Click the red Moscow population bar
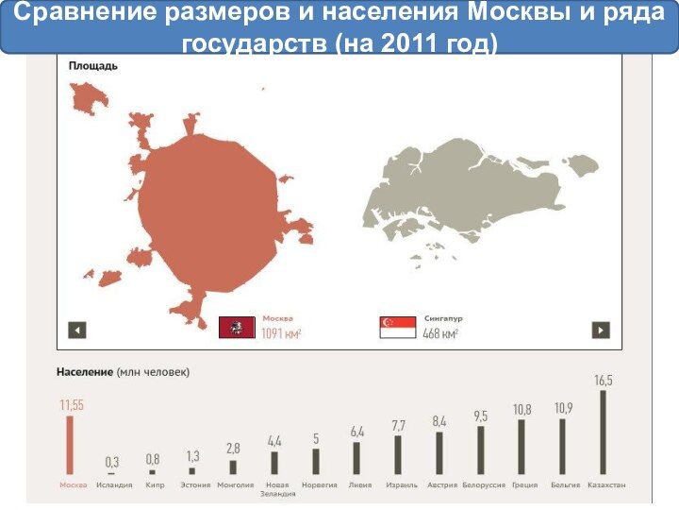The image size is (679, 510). click(x=69, y=444)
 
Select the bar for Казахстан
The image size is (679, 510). click(x=603, y=432)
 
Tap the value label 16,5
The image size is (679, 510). click(x=603, y=380)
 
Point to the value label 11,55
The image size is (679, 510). click(x=72, y=405)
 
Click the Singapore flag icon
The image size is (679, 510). click(x=397, y=328)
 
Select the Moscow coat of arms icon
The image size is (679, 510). click(x=237, y=328)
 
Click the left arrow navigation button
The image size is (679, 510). click(x=77, y=330)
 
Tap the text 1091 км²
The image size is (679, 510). click(x=281, y=333)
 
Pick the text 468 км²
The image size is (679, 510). click(x=440, y=333)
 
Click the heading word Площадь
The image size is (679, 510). click(x=93, y=66)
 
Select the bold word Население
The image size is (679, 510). click(x=87, y=372)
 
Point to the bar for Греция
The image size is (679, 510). click(x=522, y=447)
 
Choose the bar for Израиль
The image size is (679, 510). click(x=398, y=454)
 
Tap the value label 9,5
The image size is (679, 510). click(x=481, y=416)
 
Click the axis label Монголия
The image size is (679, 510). click(x=235, y=485)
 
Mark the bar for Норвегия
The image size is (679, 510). click(x=316, y=461)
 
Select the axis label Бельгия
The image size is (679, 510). click(x=564, y=485)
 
